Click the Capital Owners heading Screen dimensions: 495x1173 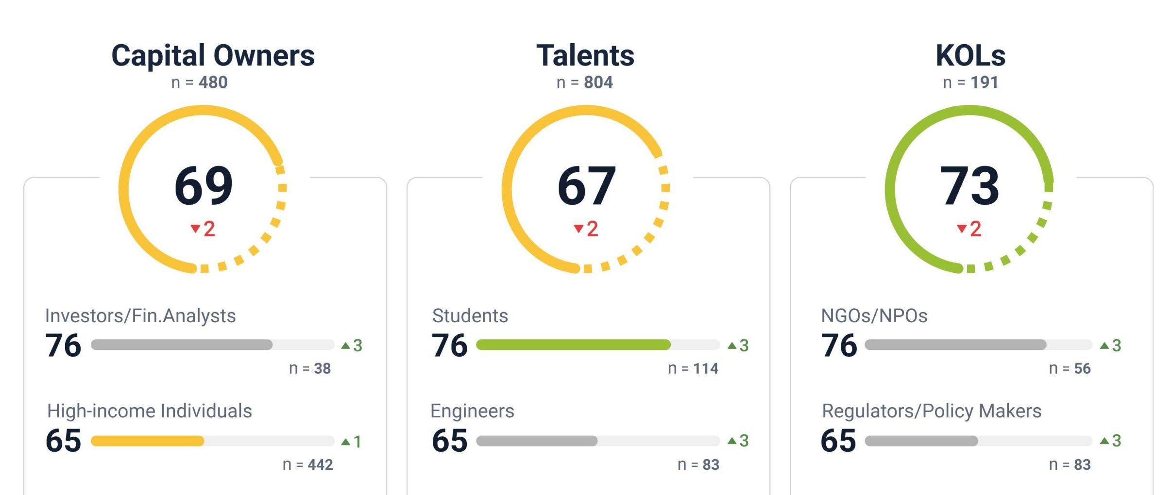click(213, 56)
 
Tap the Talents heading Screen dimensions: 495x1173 click(585, 56)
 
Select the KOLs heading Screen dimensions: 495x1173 click(970, 56)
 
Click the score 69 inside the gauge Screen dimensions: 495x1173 click(204, 185)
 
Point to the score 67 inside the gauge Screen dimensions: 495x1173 click(587, 185)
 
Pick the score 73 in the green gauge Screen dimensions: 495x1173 click(969, 185)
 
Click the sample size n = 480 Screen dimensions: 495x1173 click(199, 82)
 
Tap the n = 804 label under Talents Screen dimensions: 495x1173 click(585, 82)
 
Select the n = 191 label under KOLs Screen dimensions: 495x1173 click(970, 82)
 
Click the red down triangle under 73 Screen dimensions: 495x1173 click(961, 229)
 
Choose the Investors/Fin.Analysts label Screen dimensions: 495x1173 click(140, 316)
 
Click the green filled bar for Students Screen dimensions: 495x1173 click(573, 345)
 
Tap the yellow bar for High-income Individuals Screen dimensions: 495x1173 click(147, 441)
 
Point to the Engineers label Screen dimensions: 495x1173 click(472, 411)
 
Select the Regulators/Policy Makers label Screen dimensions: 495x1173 click(932, 411)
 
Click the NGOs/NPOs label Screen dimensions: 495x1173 click(874, 316)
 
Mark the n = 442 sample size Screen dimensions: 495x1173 click(307, 464)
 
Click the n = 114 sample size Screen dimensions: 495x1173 click(693, 368)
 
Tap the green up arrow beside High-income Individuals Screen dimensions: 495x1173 click(345, 442)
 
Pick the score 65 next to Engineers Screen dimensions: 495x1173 click(450, 441)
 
